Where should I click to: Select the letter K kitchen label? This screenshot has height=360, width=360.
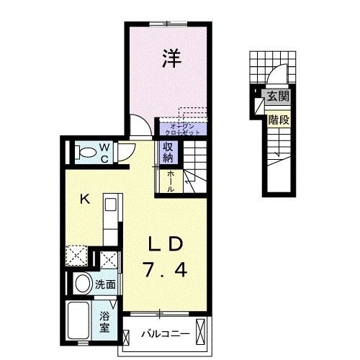pos(84,199)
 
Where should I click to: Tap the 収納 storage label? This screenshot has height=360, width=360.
pos(167,152)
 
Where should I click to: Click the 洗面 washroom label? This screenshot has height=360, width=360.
pos(106,284)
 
